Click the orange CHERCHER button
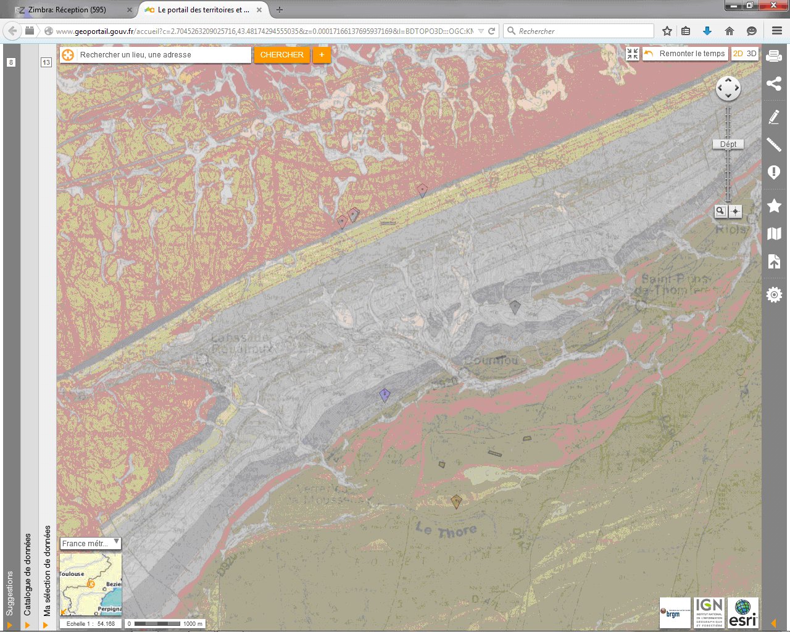[x=281, y=55]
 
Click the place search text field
[x=164, y=55]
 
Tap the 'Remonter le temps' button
[x=685, y=54]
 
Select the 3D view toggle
[x=751, y=54]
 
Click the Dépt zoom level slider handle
[x=728, y=144]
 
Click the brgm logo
[x=675, y=613]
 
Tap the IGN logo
[x=709, y=613]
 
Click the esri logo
[x=743, y=613]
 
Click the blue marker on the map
[x=385, y=395]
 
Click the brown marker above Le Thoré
[x=456, y=501]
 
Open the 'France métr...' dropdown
[x=90, y=543]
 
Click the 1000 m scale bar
[x=165, y=623]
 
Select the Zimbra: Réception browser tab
[x=67, y=10]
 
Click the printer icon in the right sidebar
[x=774, y=56]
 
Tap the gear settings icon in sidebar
[x=774, y=295]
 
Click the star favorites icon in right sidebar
[x=774, y=206]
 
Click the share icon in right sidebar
[x=774, y=84]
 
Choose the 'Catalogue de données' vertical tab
[x=28, y=574]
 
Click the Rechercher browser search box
[x=580, y=31]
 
